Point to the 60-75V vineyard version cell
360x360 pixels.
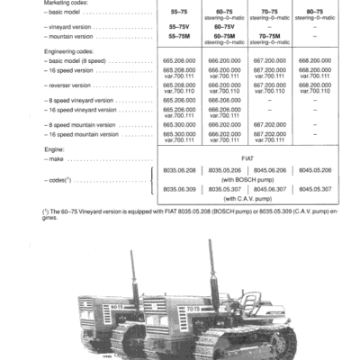point(225,27)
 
